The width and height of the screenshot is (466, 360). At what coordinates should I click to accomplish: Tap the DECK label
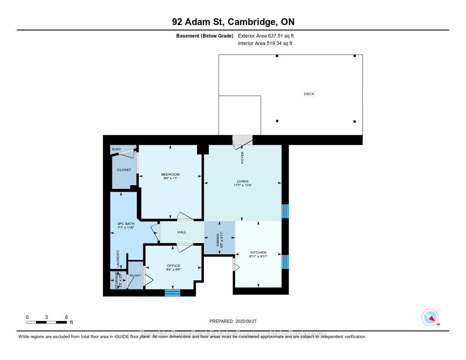pos(309,94)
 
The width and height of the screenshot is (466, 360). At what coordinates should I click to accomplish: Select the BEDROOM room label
pos(170,174)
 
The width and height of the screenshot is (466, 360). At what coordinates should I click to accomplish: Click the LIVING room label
pos(242,181)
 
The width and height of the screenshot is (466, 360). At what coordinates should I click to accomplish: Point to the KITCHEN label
pos(258,253)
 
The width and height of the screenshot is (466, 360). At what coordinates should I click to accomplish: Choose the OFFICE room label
pos(173,265)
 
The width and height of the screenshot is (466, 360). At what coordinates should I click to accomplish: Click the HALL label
pos(182,232)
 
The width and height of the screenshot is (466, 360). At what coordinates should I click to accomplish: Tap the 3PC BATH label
pos(126,223)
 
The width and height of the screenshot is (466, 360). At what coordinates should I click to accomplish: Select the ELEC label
pos(116,149)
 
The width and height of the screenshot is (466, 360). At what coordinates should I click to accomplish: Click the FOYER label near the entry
pos(243,157)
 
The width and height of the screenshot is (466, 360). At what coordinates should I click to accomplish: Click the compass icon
pos(430,317)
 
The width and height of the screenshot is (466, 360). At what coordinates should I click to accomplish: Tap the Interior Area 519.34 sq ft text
pos(265,44)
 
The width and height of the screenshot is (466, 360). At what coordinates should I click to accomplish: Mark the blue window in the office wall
pos(172,293)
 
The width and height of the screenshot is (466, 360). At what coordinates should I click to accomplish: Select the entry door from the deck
pos(242,142)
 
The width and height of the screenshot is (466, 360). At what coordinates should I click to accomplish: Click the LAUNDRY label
pos(118,259)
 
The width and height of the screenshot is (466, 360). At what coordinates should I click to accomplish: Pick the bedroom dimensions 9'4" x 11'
pos(170,178)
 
